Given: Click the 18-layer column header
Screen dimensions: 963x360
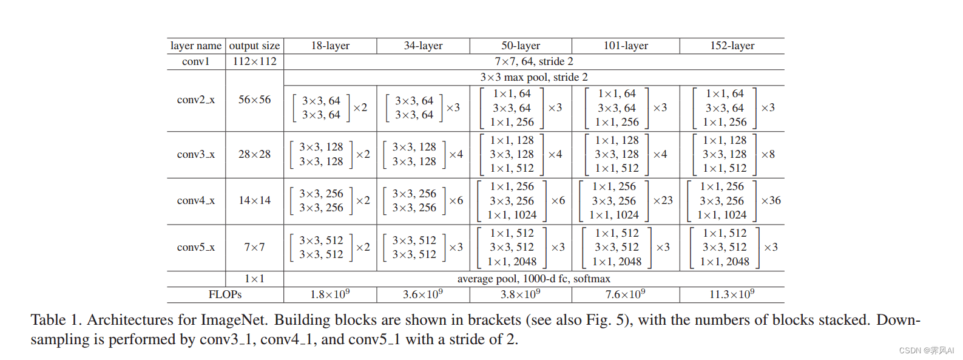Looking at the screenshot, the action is coord(330,46).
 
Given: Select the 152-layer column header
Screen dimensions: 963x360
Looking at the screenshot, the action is coord(732,46).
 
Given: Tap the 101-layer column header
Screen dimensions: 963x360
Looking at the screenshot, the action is coord(625,46).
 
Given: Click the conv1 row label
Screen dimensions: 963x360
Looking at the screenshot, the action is coord(195,61).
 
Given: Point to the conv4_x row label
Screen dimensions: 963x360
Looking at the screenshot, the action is coord(195,200).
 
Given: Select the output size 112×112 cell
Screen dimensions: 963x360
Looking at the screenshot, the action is coord(254,61).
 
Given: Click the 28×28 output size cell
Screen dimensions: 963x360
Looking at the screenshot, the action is coord(254,154).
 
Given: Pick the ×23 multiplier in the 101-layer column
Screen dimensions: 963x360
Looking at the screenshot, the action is coord(663,200).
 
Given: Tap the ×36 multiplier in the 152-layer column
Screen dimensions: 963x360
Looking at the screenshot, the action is coord(771,200).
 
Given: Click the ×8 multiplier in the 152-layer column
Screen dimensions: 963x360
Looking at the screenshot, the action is coord(768,154).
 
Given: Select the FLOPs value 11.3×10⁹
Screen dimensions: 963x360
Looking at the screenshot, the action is coord(732,294).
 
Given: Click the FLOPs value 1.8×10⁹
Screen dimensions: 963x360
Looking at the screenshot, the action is coord(330,294).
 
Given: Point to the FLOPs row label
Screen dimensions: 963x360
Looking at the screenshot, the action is coord(225,294).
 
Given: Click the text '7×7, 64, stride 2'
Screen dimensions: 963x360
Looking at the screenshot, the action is coord(533,61).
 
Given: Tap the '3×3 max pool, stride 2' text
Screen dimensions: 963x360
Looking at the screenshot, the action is coord(533,77).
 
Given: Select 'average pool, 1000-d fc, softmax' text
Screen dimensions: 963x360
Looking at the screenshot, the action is coord(533,279).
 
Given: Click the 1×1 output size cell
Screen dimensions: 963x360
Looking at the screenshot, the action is coord(254,279).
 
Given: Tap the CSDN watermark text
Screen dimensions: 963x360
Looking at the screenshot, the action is coord(926,351).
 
